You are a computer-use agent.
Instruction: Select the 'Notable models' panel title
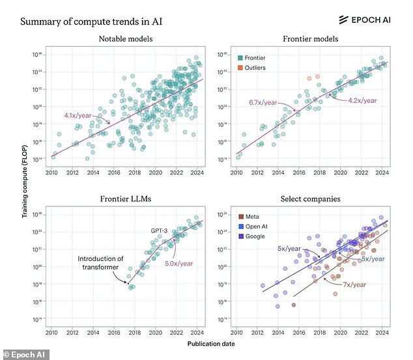coord(126,40)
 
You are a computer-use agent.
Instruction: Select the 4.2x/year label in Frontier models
coord(362,100)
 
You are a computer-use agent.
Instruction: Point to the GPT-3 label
coord(162,230)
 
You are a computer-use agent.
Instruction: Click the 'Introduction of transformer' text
coord(101,262)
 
